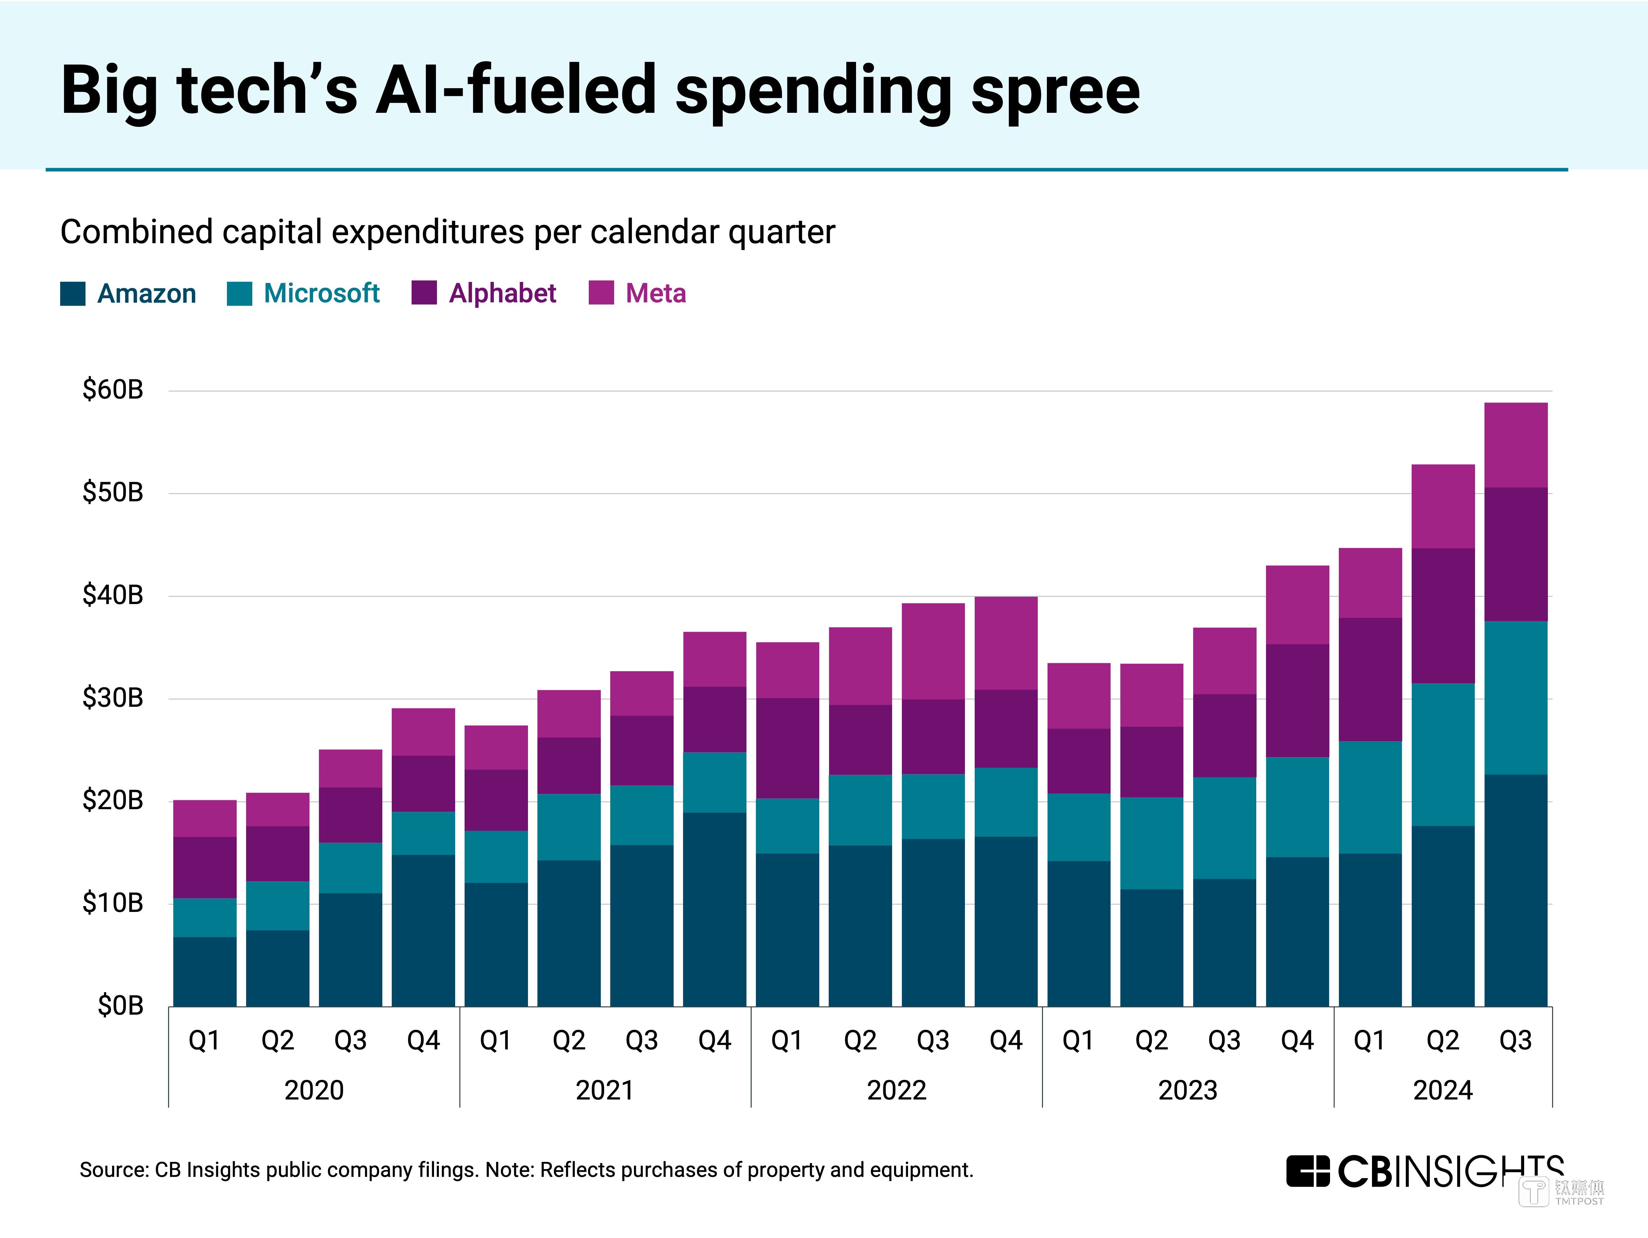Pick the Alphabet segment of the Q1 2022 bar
click(x=787, y=748)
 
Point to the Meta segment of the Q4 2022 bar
click(x=1006, y=643)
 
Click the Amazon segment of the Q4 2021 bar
click(x=715, y=909)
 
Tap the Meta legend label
click(x=656, y=294)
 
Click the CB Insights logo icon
click(x=1308, y=1171)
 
